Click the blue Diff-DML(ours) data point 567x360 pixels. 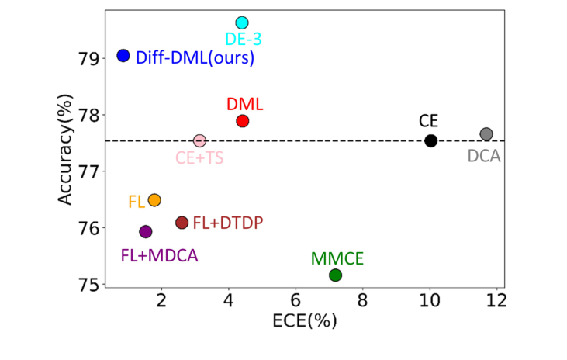point(123,55)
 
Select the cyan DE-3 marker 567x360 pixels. point(242,22)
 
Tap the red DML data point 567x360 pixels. point(242,121)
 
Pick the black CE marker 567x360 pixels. point(431,140)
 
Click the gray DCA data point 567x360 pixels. point(486,134)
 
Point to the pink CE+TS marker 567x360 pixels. point(199,140)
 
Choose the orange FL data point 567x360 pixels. point(154,200)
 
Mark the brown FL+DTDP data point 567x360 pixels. point(182,223)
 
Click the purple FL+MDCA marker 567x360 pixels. point(145,231)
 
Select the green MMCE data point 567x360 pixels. point(335,275)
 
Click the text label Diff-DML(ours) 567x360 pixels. point(195,57)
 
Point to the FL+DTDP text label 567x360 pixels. point(227,223)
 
